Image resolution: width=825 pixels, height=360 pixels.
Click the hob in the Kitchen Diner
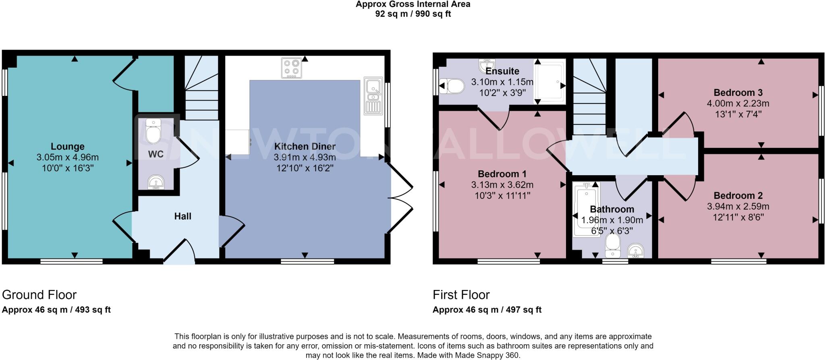pos(292,68)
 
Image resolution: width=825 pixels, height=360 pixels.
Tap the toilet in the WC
pos(153,131)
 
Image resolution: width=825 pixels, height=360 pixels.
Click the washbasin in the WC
pos(155,182)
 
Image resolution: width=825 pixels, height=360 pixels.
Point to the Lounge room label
pos(68,147)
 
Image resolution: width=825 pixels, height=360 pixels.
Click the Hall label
pos(182,216)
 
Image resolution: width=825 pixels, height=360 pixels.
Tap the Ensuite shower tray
pos(550,82)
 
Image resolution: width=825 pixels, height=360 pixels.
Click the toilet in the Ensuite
pos(452,86)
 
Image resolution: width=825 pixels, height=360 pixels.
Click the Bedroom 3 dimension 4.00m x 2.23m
pos(738,103)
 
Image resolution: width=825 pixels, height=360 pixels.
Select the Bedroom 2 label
pos(738,196)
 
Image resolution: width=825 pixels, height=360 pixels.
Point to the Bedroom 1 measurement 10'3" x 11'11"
pos(502,196)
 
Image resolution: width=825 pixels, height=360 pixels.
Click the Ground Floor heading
pos(39,295)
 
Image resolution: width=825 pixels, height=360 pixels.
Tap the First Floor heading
pos(461,295)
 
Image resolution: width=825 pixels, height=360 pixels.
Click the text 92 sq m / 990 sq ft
pos(413,14)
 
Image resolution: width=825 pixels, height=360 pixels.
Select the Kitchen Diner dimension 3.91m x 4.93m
pos(305,157)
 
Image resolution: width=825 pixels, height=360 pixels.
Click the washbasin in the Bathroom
pos(636,250)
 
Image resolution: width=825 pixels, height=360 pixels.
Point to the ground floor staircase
pos(201,89)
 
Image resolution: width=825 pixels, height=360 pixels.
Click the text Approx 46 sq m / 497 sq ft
pos(487,310)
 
